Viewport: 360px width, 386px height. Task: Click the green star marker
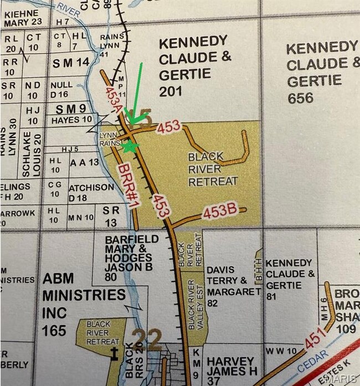130,146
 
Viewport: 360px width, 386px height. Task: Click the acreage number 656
300,98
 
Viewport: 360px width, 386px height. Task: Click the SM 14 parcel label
70,63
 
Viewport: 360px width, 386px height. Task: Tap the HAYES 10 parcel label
71,120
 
